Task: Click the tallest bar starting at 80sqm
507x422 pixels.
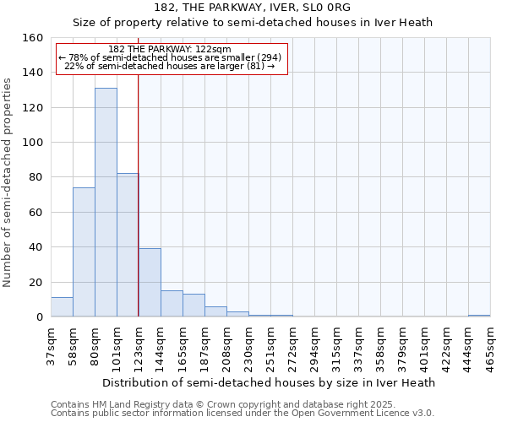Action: coord(106,203)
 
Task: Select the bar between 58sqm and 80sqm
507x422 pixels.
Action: coord(84,252)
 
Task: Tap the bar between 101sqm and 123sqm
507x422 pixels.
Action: coord(128,245)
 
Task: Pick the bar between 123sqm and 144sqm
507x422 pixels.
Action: coord(150,283)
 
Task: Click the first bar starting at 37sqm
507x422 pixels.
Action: coord(62,307)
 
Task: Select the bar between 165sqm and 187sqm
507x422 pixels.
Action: coord(194,306)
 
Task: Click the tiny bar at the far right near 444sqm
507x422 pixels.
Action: coord(479,316)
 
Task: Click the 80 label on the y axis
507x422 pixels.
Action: coord(35,177)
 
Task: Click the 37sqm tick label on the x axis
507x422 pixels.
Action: coord(51,346)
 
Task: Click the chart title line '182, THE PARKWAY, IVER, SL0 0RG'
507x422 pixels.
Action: coord(253,8)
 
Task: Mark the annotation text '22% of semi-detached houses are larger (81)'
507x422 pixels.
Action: coord(170,66)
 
